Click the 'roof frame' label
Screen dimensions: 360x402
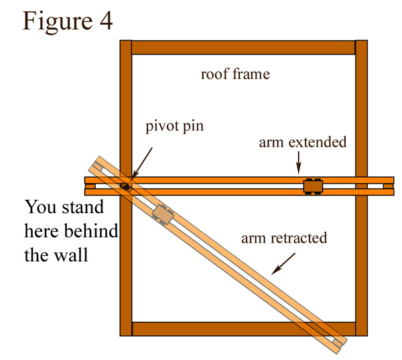[235, 74]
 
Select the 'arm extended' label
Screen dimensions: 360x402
[304, 142]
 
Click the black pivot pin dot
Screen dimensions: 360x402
[124, 186]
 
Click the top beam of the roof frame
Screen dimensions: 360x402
[243, 48]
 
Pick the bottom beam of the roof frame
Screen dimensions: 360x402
[243, 328]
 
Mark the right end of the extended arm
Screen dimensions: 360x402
[388, 186]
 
